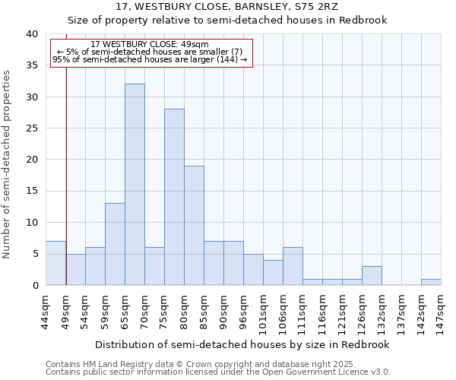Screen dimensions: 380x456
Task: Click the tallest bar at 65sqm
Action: (135, 185)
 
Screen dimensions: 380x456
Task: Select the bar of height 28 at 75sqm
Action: (174, 197)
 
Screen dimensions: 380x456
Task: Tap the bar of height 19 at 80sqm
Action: (194, 225)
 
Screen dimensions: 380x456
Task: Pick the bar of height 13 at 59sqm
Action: (115, 244)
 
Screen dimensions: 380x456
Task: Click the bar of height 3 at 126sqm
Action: (372, 276)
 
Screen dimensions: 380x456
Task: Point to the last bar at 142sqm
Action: (431, 282)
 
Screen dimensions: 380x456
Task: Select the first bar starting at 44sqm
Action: (55, 263)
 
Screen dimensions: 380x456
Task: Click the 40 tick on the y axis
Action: (31, 34)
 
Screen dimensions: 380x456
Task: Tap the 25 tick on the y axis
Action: (31, 128)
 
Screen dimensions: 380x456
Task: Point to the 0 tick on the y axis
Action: (34, 285)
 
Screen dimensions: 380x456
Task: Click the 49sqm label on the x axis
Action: (66, 310)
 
